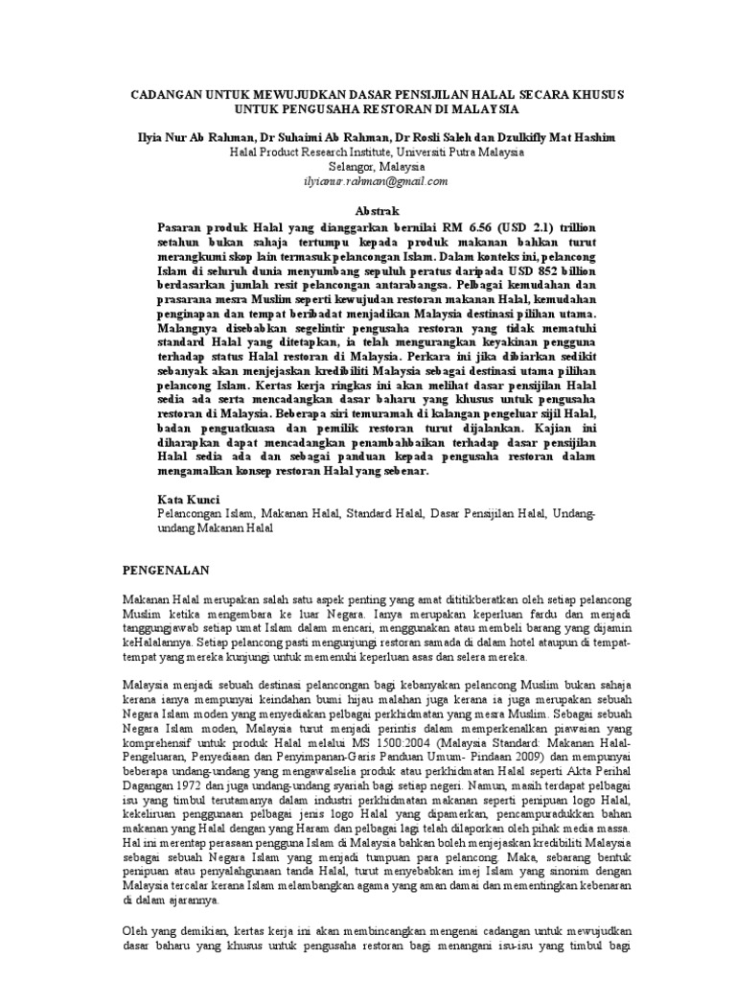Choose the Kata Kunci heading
[x=188, y=500]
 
